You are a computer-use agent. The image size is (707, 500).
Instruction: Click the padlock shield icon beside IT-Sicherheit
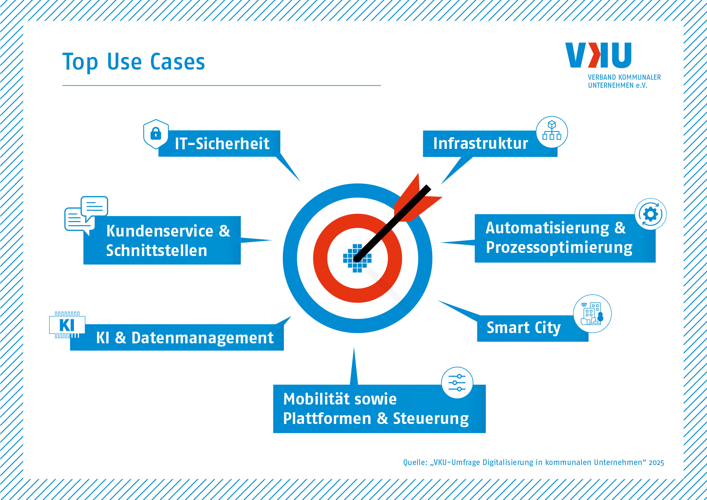[x=156, y=134]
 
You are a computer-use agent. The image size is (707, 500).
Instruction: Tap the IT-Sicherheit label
[x=222, y=144]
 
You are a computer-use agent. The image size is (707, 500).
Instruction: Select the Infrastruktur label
[x=480, y=144]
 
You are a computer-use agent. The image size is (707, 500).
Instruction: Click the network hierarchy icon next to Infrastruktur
[x=552, y=132]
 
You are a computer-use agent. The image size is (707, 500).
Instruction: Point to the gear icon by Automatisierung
[x=650, y=214]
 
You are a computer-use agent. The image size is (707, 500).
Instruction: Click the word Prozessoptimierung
[x=559, y=248]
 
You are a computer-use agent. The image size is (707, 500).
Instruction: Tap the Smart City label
[x=524, y=328]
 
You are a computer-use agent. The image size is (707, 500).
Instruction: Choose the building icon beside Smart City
[x=592, y=314]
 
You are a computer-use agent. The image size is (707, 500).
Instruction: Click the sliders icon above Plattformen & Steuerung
[x=457, y=383]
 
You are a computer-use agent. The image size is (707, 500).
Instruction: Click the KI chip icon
[x=67, y=325]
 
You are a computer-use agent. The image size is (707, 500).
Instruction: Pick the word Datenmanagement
[x=203, y=338]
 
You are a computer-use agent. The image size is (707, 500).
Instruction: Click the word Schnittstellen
[x=157, y=251]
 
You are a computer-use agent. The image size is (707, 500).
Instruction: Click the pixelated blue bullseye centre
[x=357, y=258]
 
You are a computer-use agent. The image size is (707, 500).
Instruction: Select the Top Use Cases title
[x=134, y=62]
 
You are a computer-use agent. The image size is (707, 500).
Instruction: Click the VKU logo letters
[x=598, y=55]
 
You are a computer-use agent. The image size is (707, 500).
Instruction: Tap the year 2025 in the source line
[x=656, y=463]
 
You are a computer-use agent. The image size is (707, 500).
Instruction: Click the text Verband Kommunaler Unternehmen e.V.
[x=624, y=81]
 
